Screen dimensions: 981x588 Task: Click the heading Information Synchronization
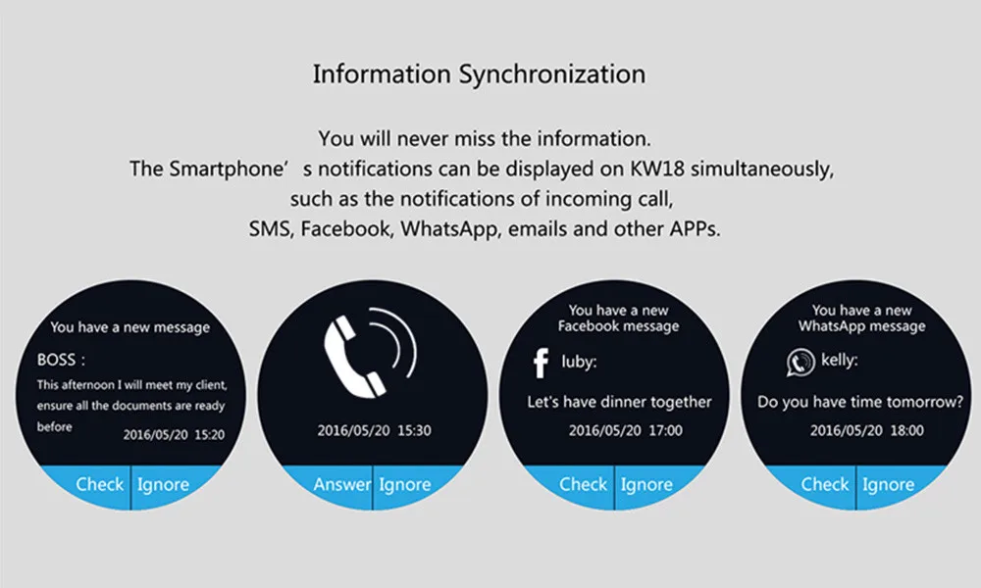[x=480, y=74]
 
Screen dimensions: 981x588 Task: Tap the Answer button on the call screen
[x=341, y=484]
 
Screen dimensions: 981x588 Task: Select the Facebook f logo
[x=541, y=363]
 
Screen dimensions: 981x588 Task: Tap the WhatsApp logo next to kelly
[x=800, y=363]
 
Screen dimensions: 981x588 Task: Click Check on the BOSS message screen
[x=99, y=484]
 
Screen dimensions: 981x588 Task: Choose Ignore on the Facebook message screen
[x=646, y=485]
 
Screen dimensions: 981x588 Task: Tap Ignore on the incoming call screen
[x=404, y=485]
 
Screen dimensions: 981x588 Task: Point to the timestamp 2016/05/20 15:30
[x=374, y=430]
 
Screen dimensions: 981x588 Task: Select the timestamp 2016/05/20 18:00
[x=866, y=430]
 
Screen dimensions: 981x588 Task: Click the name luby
[x=579, y=363]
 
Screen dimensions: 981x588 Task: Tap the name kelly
[x=839, y=361]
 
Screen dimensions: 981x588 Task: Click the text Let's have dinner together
[x=619, y=402]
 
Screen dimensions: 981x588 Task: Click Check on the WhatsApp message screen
[x=825, y=484]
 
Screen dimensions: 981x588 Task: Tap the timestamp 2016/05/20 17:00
[x=625, y=430]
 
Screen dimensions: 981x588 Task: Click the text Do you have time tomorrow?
[x=860, y=402]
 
